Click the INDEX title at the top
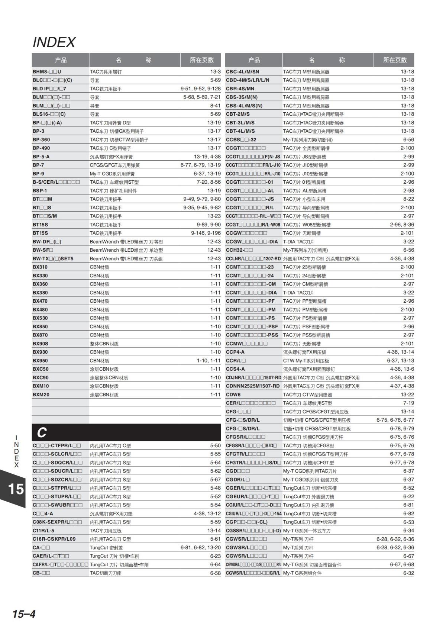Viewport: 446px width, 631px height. (54, 42)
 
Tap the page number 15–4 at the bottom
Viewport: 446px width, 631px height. (24, 614)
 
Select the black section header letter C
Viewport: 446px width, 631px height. (42, 432)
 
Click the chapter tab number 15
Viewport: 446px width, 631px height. (16, 489)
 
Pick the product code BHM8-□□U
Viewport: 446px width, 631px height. (47, 72)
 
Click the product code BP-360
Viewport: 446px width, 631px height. (41, 140)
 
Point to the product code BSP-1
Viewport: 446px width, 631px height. (40, 191)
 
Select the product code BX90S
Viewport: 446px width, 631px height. (41, 344)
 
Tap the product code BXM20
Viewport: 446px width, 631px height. (41, 395)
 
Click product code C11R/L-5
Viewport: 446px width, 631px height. (43, 531)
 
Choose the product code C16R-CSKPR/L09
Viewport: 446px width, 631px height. (54, 539)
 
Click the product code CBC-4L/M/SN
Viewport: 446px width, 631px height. (243, 72)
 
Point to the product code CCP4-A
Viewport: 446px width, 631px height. (235, 352)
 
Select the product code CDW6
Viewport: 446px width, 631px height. (233, 395)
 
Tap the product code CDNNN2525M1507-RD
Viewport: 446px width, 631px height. (253, 386)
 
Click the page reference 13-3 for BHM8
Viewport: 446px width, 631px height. (215, 72)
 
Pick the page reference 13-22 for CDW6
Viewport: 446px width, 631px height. (407, 395)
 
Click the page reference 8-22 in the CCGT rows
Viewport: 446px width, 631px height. (408, 199)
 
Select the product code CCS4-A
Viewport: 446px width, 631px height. (235, 369)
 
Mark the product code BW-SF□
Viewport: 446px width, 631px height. (43, 250)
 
